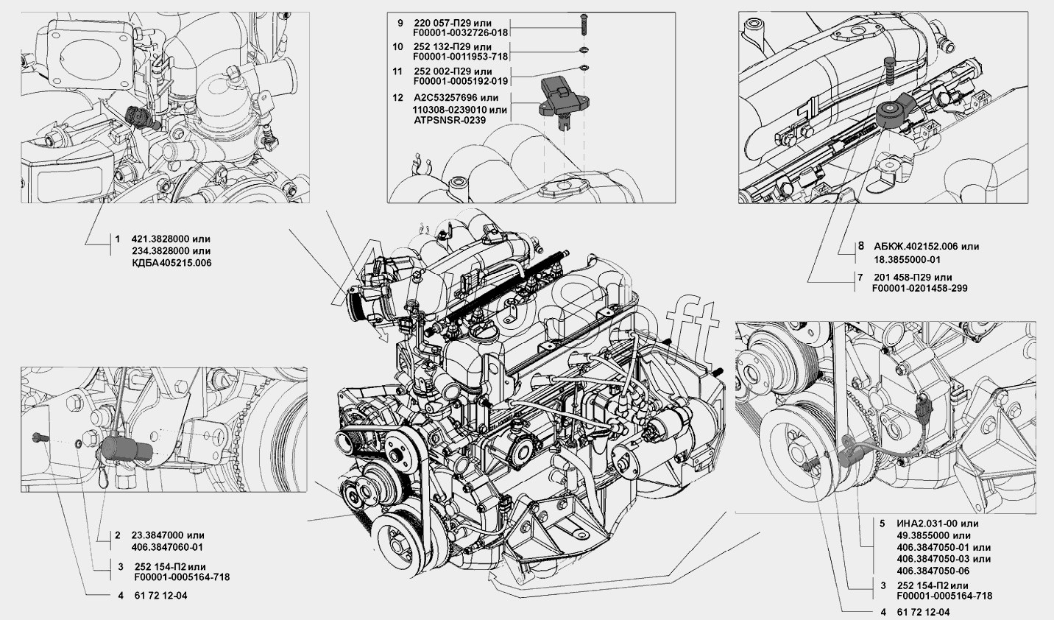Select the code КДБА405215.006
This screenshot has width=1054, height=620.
[x=172, y=263]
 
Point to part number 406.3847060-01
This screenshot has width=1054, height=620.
[x=168, y=548]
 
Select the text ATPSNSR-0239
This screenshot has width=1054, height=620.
[x=450, y=121]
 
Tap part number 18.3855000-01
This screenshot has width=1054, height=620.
[x=908, y=259]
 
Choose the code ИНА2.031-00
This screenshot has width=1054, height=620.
[x=920, y=524]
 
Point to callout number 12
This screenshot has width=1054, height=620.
[x=398, y=98]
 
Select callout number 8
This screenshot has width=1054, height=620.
[x=861, y=246]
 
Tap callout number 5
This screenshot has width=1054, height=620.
[x=883, y=524]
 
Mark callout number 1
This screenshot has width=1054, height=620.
[x=118, y=239]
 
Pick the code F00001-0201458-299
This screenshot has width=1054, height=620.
[x=920, y=289]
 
